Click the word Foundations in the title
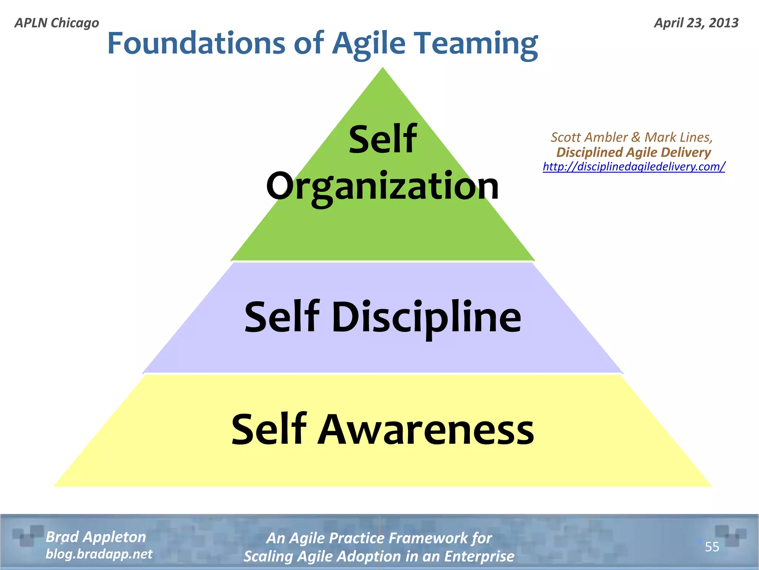click(x=196, y=43)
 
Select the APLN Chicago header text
click(x=57, y=23)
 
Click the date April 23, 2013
click(x=696, y=23)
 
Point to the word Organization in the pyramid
click(x=382, y=187)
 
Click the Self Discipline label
click(x=383, y=317)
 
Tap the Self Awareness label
click(x=382, y=430)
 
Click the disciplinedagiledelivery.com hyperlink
click(x=634, y=167)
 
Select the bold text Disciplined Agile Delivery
click(x=633, y=152)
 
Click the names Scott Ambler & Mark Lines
click(x=632, y=137)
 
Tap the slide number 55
click(x=712, y=547)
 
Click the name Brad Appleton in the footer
click(x=96, y=537)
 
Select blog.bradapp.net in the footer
click(x=99, y=554)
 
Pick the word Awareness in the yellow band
click(x=426, y=430)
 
